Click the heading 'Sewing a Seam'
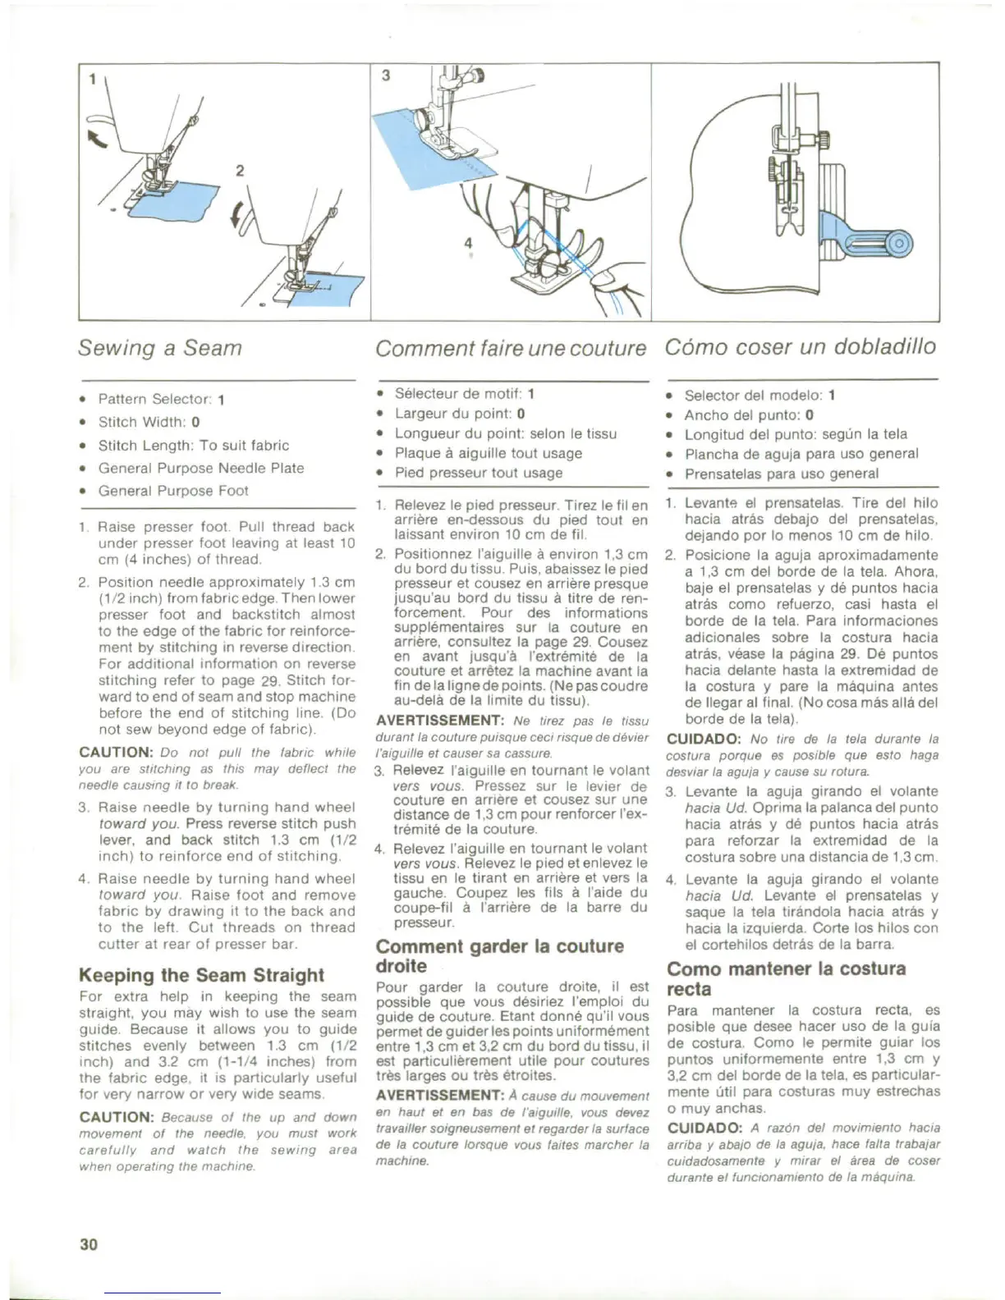(160, 348)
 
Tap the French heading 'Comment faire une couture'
(511, 348)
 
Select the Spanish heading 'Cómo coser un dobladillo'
(800, 346)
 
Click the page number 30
(89, 1243)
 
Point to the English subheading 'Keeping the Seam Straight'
(201, 975)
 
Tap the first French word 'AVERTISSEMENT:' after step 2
(439, 721)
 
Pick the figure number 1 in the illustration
(93, 80)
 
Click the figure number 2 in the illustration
(240, 171)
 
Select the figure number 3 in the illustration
(386, 76)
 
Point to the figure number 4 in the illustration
(468, 244)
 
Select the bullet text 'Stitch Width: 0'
(149, 422)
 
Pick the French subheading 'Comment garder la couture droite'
(499, 955)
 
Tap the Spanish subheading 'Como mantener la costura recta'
(786, 978)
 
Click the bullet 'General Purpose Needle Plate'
(201, 468)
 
